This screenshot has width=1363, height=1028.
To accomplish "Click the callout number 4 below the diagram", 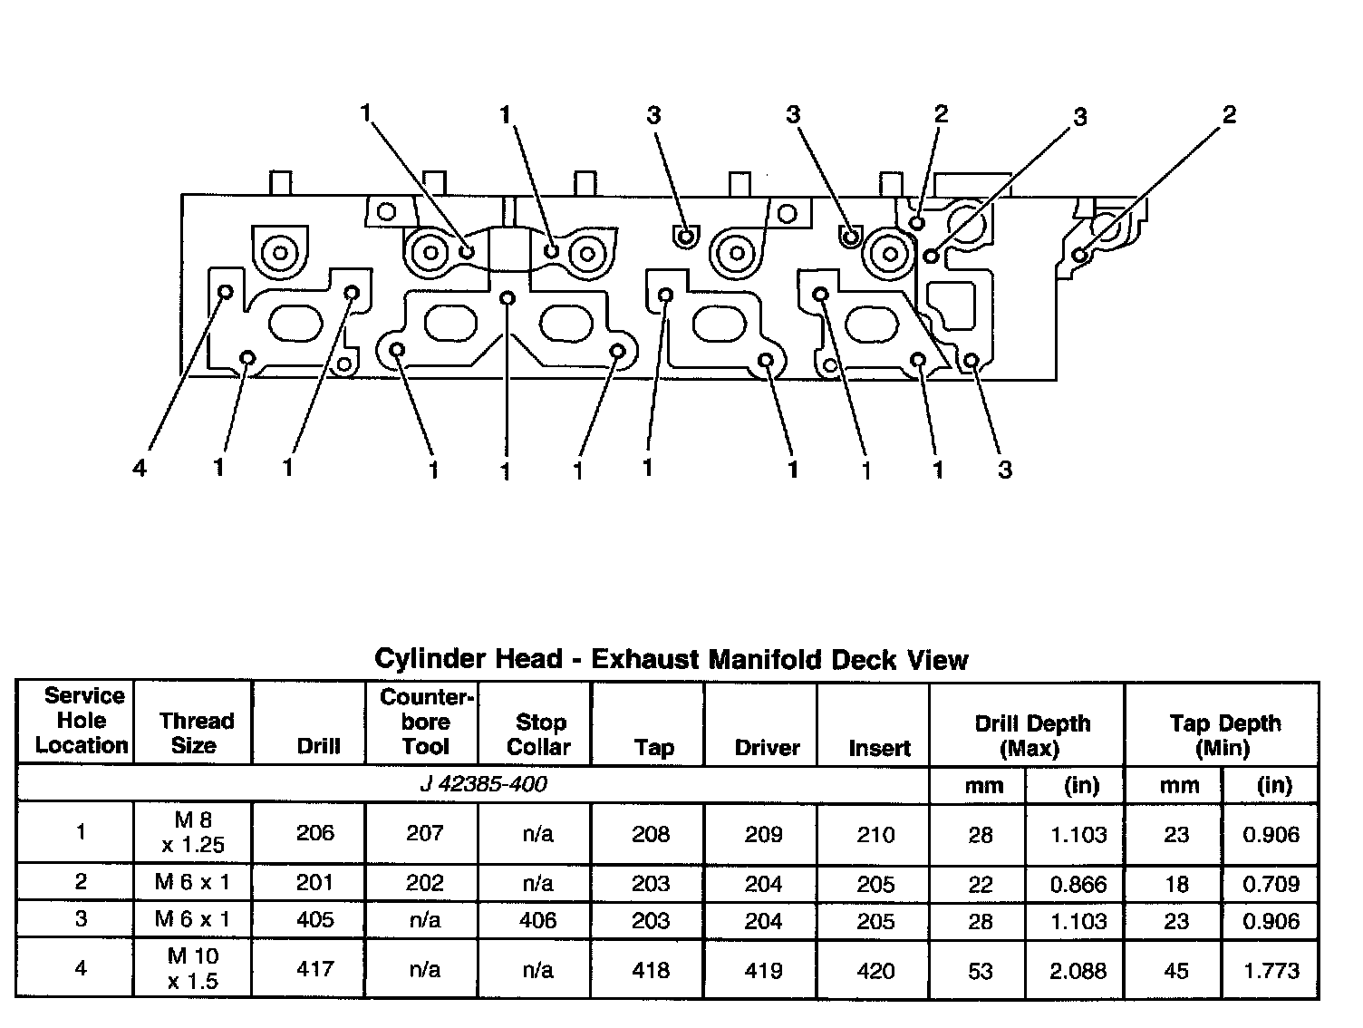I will click(x=140, y=469).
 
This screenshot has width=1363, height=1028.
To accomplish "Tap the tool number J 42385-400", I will click(x=483, y=784).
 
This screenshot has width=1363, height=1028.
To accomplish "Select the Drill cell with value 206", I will click(x=315, y=833).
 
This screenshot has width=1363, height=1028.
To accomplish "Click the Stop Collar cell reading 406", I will click(x=537, y=920).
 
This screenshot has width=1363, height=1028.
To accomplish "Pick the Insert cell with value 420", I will click(x=875, y=971).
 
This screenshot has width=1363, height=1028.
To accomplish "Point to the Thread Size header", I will click(x=196, y=733).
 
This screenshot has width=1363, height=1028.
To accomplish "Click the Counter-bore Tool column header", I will click(x=426, y=722).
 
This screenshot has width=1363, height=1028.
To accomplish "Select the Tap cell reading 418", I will click(x=651, y=970).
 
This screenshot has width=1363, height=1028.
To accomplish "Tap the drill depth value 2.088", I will click(x=1078, y=971).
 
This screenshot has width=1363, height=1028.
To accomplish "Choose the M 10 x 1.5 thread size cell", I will click(x=193, y=968).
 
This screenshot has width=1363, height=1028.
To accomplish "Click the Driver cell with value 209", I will click(x=763, y=834).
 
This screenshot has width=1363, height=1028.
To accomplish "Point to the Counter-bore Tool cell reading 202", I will click(x=424, y=883).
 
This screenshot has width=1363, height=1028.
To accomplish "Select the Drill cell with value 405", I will click(x=315, y=920).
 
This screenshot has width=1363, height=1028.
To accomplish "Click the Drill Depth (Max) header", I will click(x=1032, y=735).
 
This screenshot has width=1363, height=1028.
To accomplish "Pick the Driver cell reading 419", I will click(x=763, y=970).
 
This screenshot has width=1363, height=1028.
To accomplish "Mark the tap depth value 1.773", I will click(x=1271, y=971).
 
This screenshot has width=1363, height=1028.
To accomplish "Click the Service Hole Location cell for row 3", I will click(x=81, y=918).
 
